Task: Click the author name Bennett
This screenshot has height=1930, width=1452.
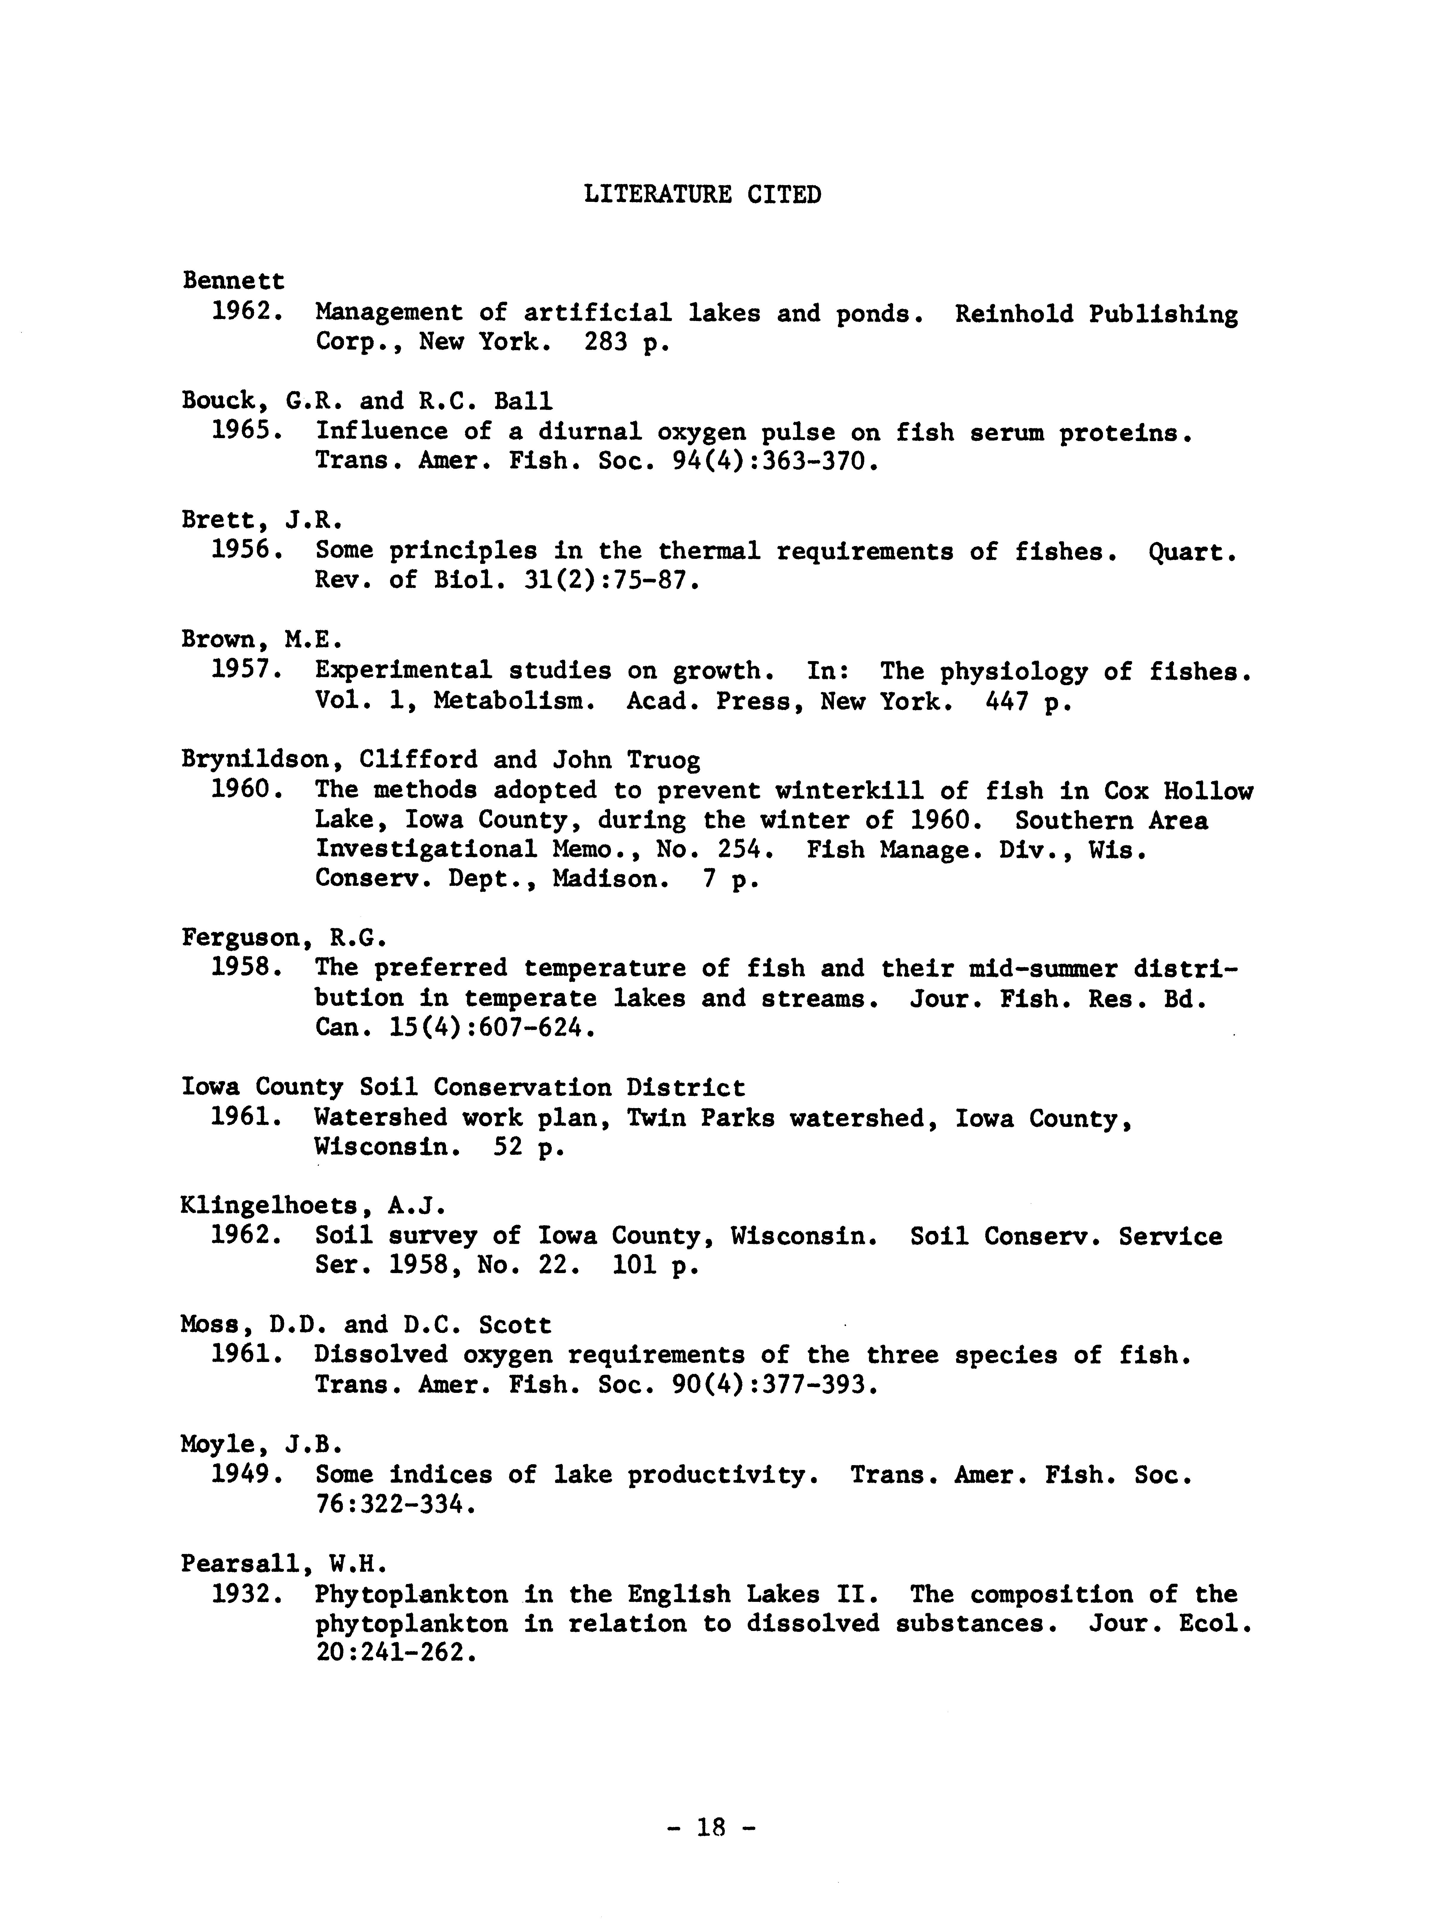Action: pos(233,281)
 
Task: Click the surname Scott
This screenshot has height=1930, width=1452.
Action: pos(515,1325)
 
